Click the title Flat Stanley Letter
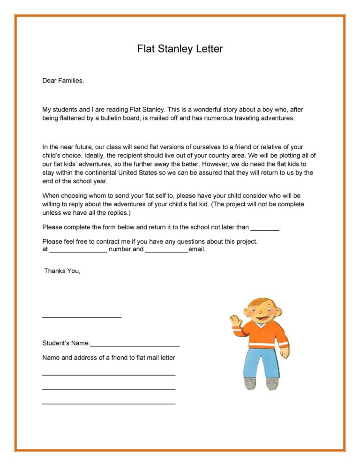point(180,49)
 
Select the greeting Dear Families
point(63,81)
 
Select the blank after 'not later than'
point(265,228)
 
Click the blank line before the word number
point(78,250)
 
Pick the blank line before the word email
point(166,250)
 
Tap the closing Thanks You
point(62,271)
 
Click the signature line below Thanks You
point(82,317)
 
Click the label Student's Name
point(66,343)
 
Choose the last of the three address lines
point(109,403)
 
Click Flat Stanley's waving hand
point(235,321)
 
